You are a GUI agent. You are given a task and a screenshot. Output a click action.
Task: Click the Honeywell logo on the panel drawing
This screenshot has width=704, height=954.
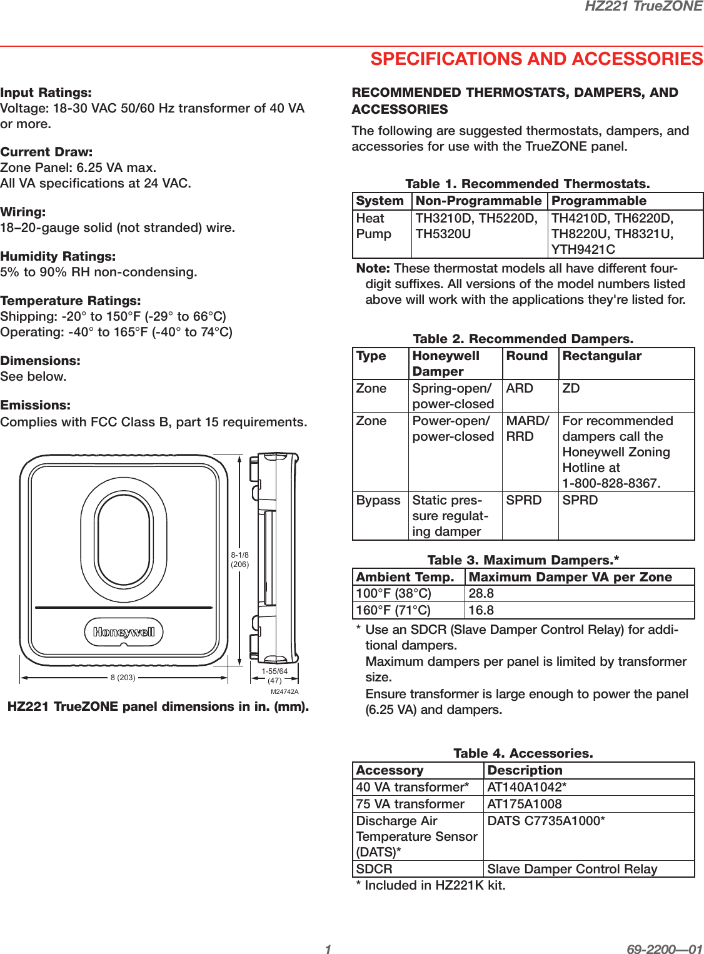(x=124, y=632)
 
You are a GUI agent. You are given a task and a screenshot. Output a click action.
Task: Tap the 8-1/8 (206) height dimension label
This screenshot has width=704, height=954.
(x=239, y=560)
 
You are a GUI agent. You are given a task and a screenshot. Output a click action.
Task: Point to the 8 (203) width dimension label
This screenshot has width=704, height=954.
(x=123, y=678)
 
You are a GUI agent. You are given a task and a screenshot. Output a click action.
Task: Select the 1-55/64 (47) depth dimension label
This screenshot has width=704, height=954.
(x=274, y=676)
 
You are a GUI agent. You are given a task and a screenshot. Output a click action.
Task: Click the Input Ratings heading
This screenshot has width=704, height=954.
(x=46, y=93)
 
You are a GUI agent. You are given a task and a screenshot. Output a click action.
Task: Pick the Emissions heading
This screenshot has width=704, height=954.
(x=35, y=405)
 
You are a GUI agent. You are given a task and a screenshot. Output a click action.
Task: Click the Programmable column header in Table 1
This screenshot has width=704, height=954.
(x=598, y=201)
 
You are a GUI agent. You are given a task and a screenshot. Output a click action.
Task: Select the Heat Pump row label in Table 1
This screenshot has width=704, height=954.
(x=373, y=226)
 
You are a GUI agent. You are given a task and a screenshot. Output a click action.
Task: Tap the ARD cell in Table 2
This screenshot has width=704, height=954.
(x=520, y=388)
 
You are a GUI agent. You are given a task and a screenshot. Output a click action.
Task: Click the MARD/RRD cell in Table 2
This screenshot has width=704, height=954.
(x=527, y=428)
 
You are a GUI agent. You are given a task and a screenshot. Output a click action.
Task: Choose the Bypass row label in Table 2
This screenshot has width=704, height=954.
(x=378, y=500)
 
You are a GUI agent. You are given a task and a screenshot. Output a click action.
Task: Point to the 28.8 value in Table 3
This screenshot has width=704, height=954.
(x=481, y=593)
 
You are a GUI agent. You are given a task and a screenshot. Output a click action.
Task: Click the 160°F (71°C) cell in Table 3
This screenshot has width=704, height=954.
(x=393, y=610)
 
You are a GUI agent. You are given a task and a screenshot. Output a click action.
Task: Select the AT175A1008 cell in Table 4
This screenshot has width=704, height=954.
(x=524, y=804)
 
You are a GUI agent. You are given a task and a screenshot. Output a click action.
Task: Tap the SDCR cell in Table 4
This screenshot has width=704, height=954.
(x=374, y=869)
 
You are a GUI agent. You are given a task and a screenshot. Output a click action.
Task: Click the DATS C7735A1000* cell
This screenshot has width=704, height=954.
(x=546, y=821)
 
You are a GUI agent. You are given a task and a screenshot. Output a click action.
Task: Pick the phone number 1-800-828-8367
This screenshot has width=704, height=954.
(x=611, y=483)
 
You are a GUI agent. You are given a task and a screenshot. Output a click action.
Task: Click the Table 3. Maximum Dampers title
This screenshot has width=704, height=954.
(x=523, y=560)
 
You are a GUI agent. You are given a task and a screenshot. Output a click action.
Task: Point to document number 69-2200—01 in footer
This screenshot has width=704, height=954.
(x=664, y=950)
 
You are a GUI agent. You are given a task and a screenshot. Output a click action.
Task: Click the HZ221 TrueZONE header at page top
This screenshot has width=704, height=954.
(x=643, y=6)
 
